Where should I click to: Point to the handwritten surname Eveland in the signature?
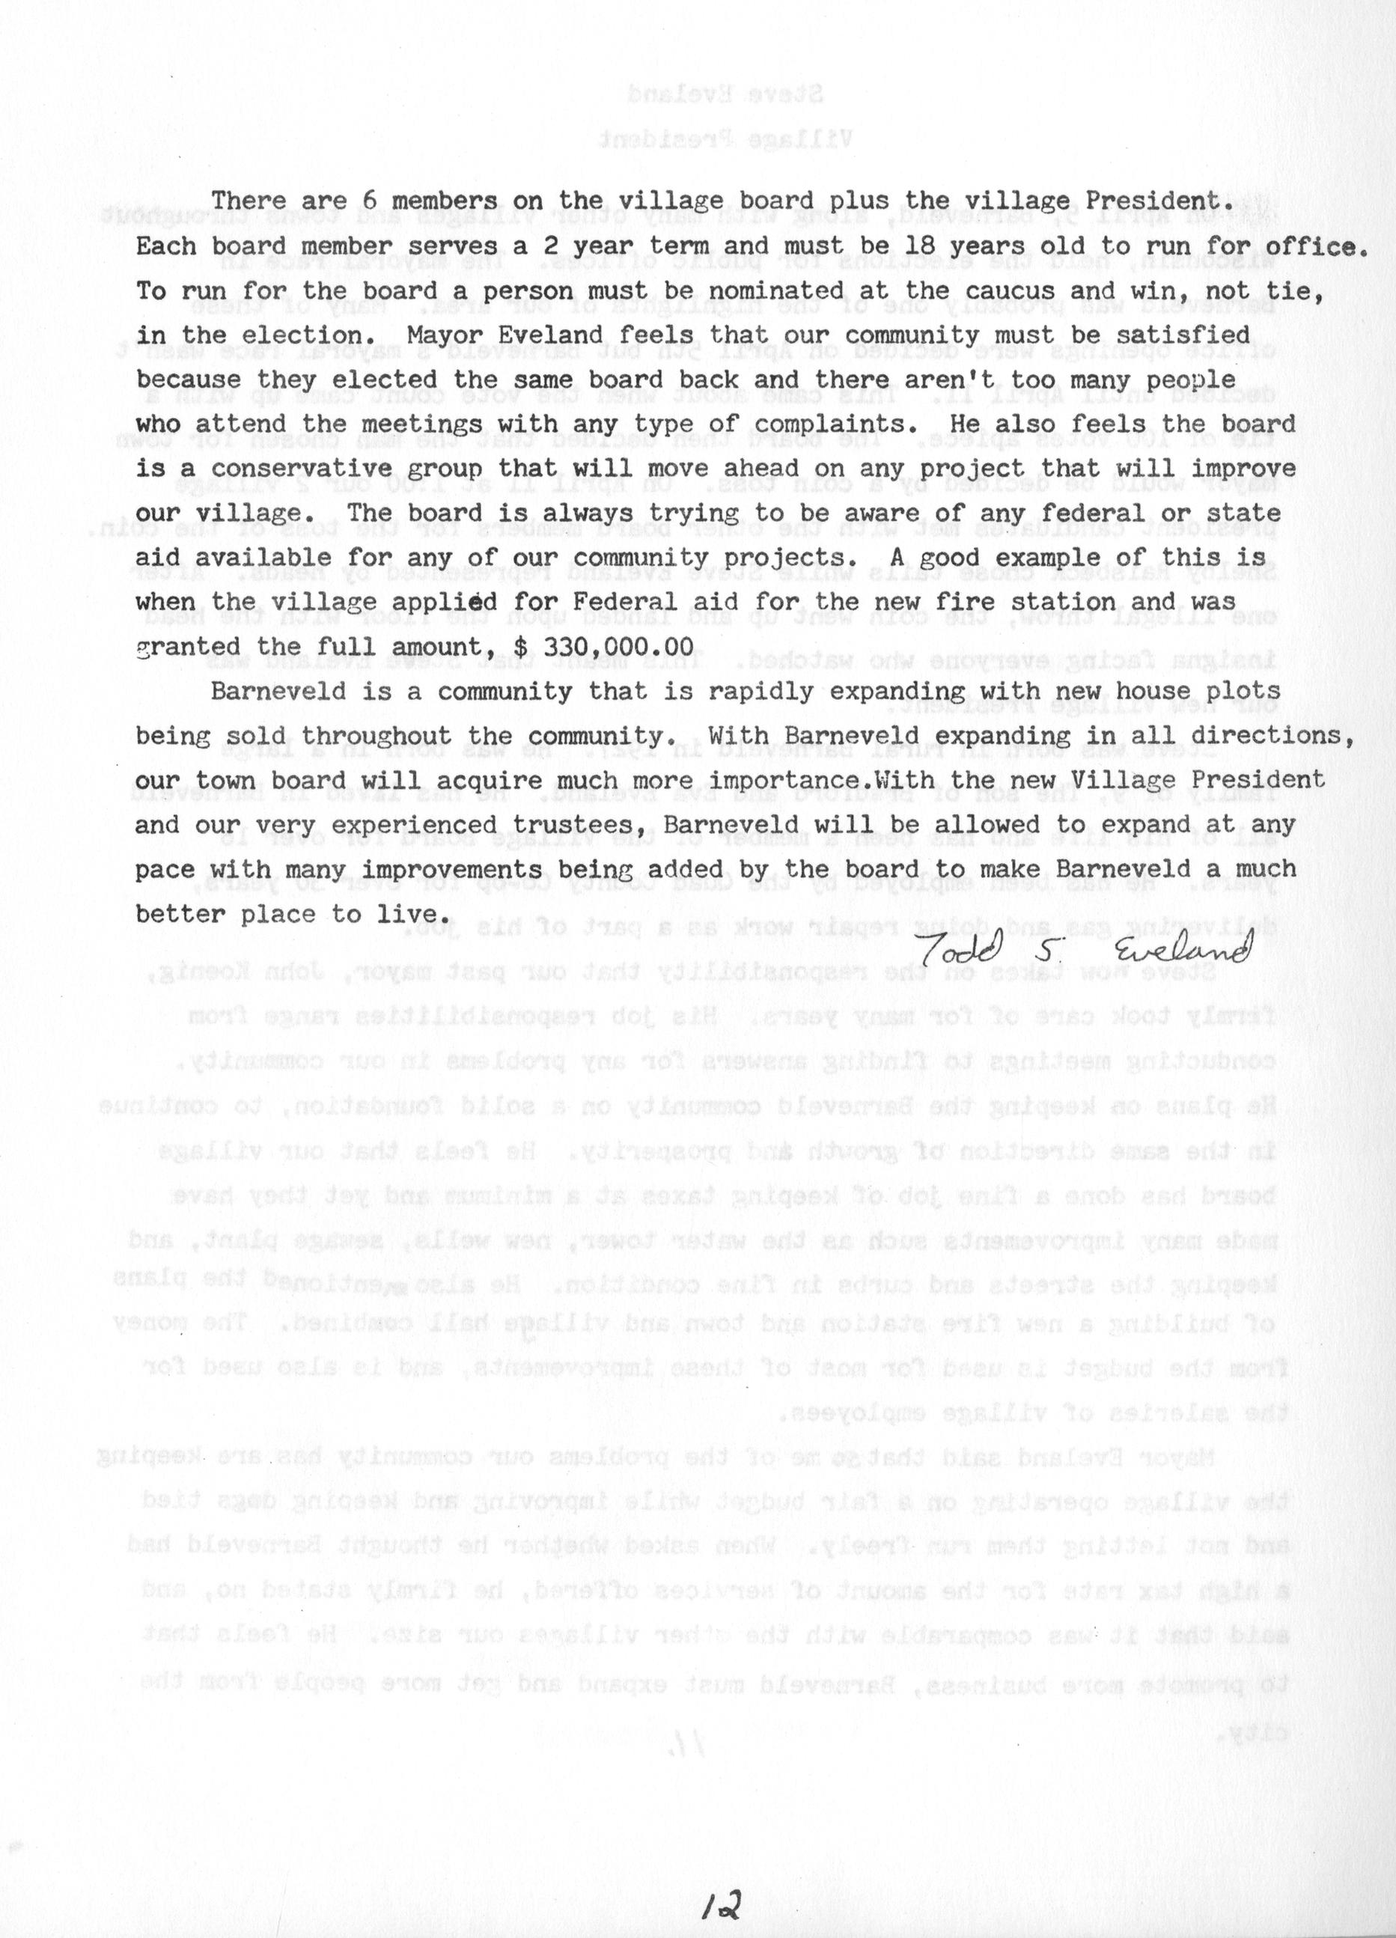[1183, 946]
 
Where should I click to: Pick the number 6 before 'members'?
[370, 201]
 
